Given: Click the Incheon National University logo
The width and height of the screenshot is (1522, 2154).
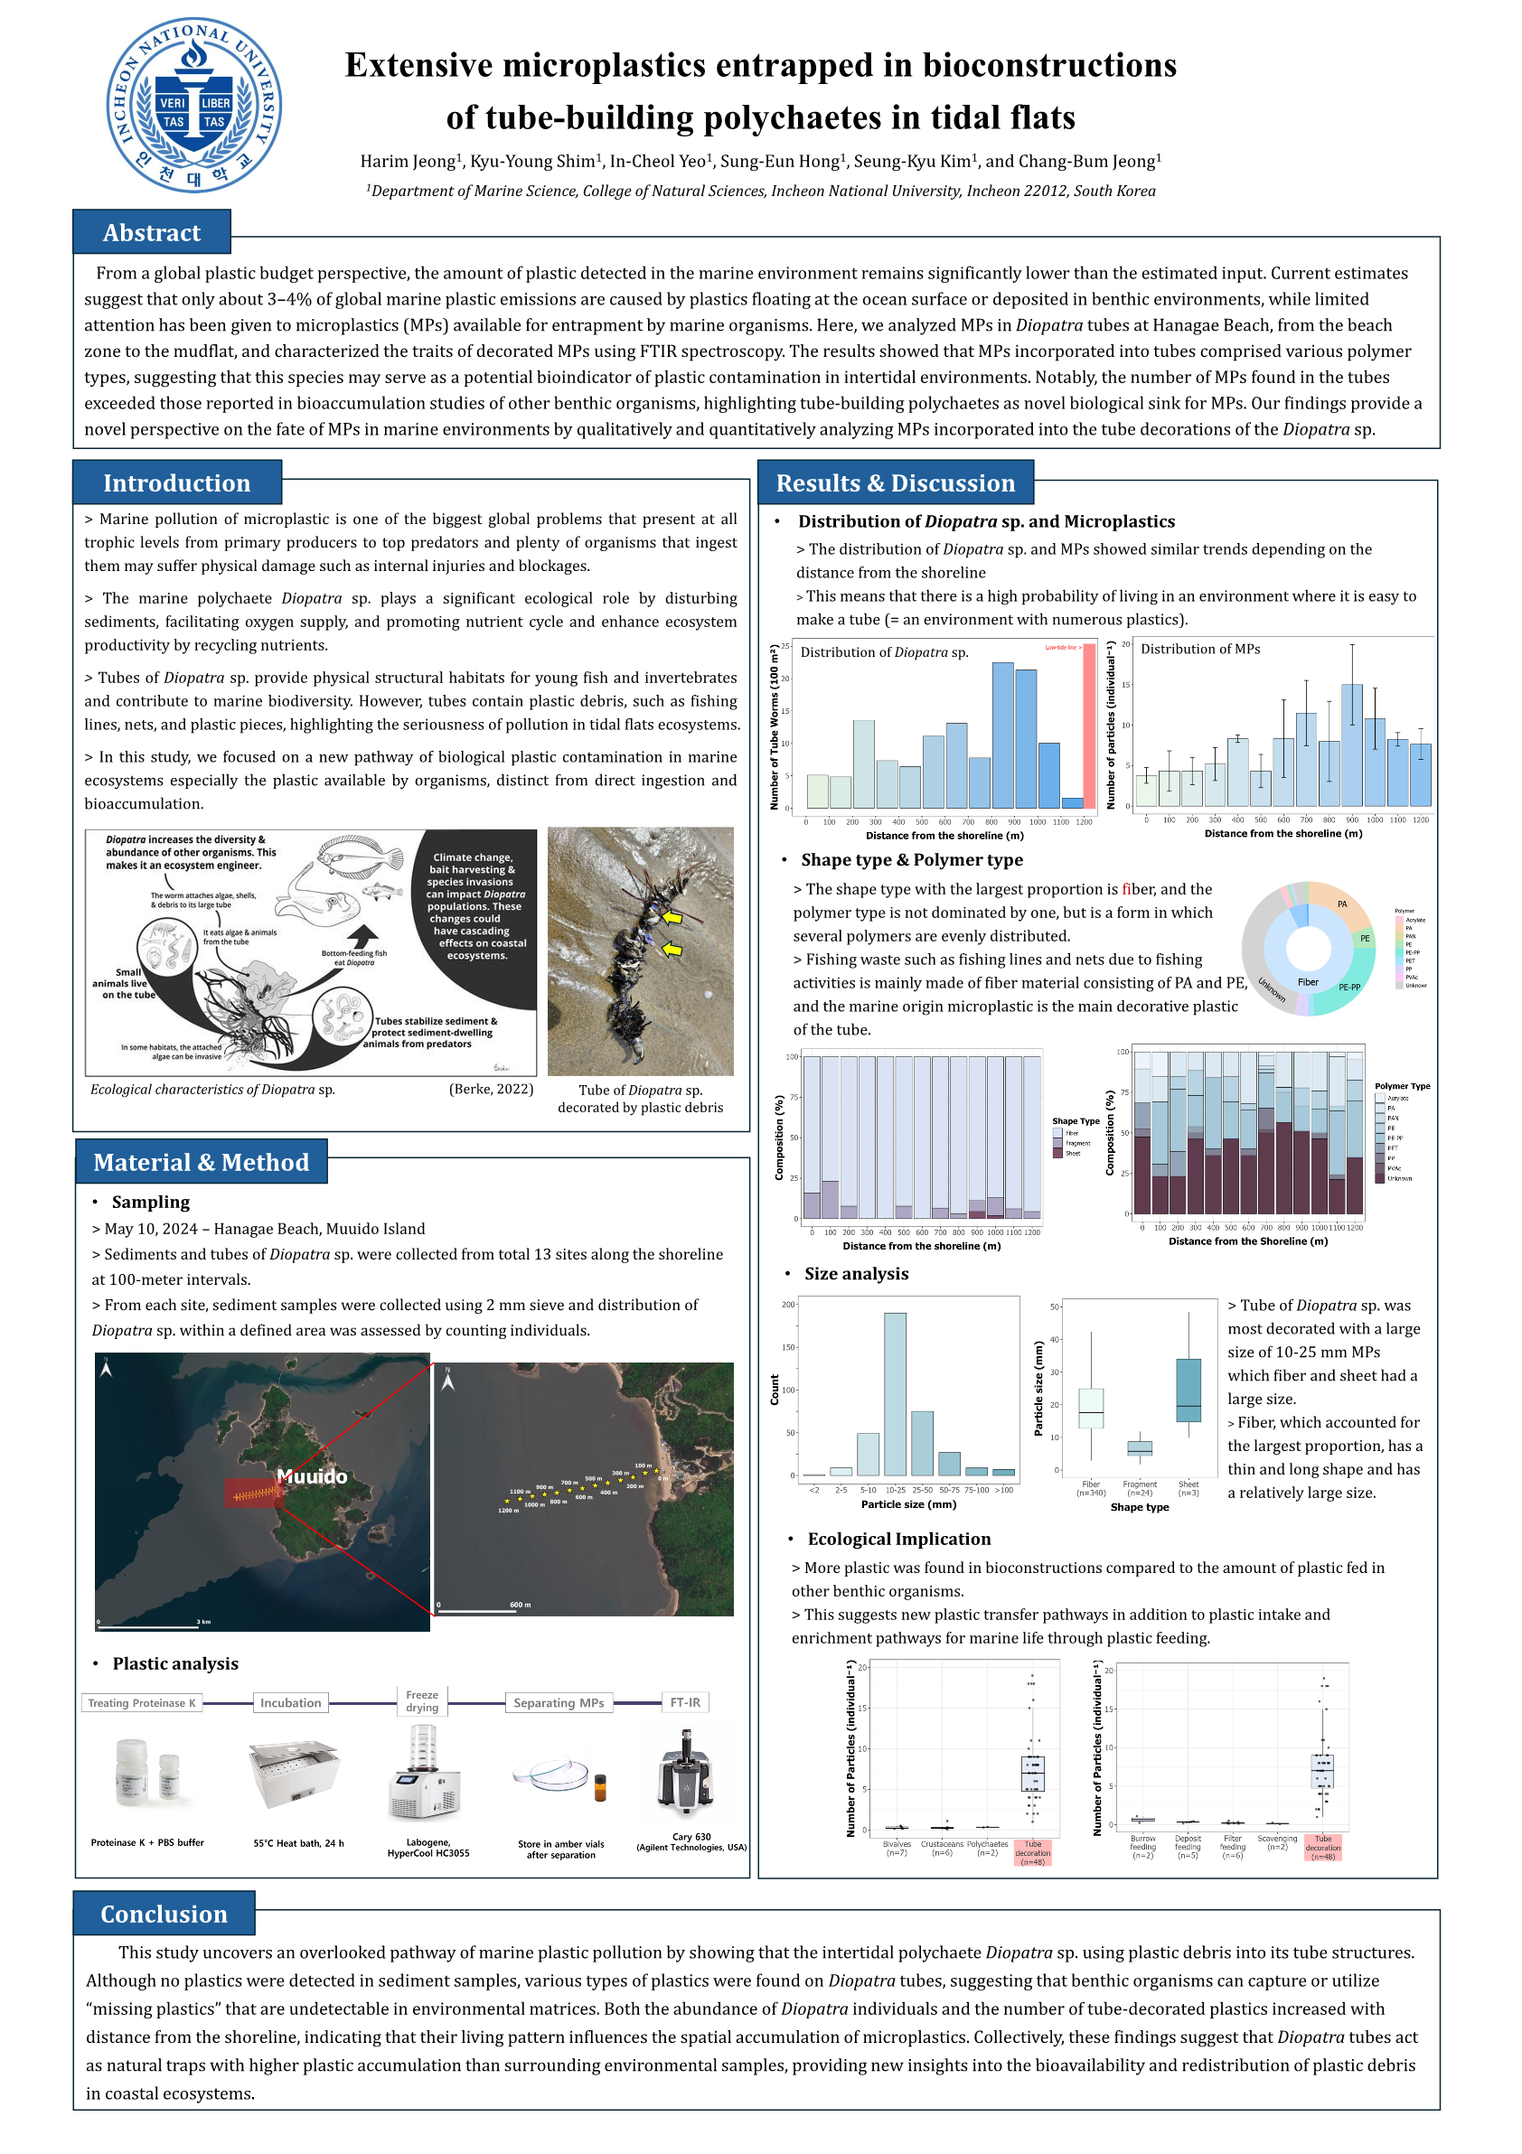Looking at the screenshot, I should pyautogui.click(x=193, y=105).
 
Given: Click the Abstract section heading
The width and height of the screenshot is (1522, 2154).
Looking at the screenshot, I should pyautogui.click(x=151, y=233).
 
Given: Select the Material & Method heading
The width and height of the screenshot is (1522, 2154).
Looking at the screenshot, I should pyautogui.click(x=201, y=1162).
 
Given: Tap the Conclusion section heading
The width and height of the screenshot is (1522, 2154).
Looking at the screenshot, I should pyautogui.click(x=164, y=1914).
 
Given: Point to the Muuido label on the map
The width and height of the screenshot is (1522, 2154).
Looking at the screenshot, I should pyautogui.click(x=313, y=1476).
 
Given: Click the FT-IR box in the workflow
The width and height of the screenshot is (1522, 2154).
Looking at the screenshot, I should pyautogui.click(x=685, y=1703).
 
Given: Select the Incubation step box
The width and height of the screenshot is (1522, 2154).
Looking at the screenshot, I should pyautogui.click(x=290, y=1703).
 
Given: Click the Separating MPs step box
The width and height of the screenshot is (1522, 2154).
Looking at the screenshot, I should pyautogui.click(x=559, y=1703).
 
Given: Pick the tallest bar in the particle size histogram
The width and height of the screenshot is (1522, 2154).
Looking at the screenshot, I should pyautogui.click(x=895, y=1394).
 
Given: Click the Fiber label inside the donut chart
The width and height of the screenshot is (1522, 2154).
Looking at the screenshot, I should pyautogui.click(x=1308, y=982).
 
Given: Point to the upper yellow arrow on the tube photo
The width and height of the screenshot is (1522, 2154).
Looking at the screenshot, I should pyautogui.click(x=671, y=917).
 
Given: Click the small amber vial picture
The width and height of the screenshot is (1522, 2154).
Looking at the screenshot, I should pyautogui.click(x=600, y=1788).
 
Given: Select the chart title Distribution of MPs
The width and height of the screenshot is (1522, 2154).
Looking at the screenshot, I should pyautogui.click(x=1200, y=650).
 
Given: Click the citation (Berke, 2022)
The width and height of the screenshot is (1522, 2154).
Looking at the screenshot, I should pyautogui.click(x=491, y=1089).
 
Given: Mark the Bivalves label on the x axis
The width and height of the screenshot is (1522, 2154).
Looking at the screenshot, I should pyautogui.click(x=897, y=1844).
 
